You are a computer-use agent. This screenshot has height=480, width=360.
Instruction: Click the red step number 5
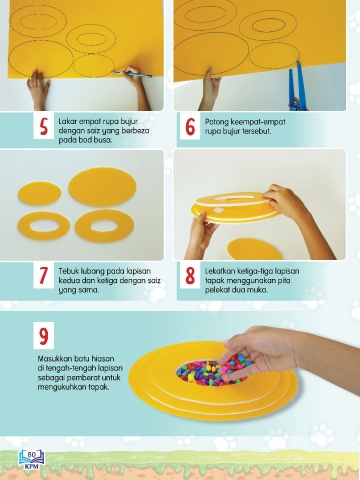[x=44, y=127]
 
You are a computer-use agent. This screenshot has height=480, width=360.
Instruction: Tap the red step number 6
[x=190, y=127]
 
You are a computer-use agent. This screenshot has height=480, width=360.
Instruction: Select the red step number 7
[x=44, y=276]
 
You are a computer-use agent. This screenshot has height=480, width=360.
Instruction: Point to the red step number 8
[x=190, y=276]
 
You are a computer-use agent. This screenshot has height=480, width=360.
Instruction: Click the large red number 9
[x=44, y=336]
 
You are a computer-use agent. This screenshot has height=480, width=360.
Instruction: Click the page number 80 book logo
[x=32, y=459]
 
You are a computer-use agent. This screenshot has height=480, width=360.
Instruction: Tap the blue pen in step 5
[x=132, y=74]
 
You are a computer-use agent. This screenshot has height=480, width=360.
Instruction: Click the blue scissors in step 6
[x=298, y=86]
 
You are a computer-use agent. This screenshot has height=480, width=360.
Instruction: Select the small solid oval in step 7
[x=40, y=193]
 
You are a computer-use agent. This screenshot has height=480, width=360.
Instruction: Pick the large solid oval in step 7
[x=102, y=187]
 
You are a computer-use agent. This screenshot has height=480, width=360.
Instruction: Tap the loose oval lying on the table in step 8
[x=254, y=249]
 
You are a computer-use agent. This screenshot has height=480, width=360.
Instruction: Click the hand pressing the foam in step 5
[x=38, y=89]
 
